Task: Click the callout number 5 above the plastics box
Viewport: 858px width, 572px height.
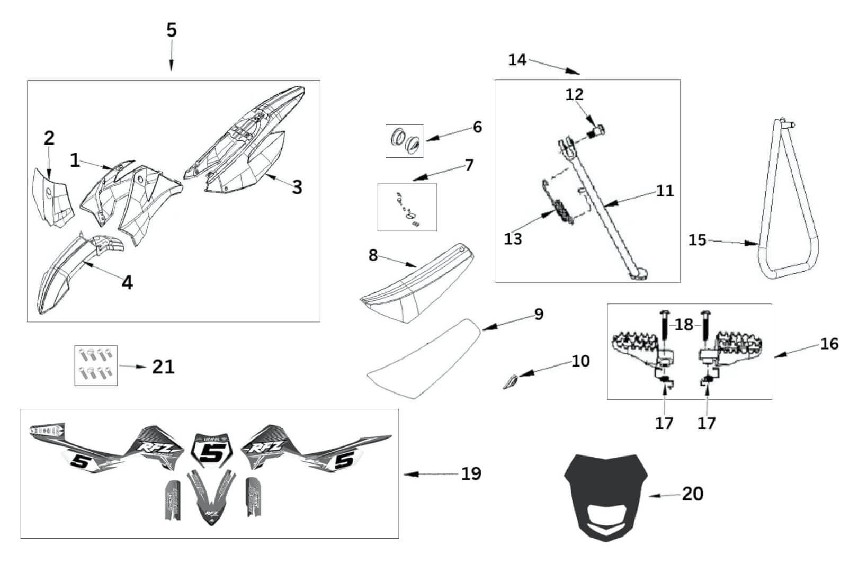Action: coord(171,30)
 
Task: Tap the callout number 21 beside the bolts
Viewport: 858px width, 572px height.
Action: coord(163,367)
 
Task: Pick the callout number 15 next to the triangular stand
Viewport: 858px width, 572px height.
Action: coord(698,240)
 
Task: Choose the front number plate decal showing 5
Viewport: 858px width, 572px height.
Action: coord(214,453)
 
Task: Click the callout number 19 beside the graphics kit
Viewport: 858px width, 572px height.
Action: coord(471,473)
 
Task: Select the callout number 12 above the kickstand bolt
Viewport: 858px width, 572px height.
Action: coord(574,95)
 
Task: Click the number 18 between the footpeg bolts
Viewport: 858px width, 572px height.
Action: coord(684,324)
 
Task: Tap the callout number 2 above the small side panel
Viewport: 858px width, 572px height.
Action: coord(49,138)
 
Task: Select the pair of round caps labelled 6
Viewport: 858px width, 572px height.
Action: coord(404,140)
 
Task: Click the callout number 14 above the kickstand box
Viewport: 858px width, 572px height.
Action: coord(517,60)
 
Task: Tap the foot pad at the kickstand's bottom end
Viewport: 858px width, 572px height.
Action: coord(640,275)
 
